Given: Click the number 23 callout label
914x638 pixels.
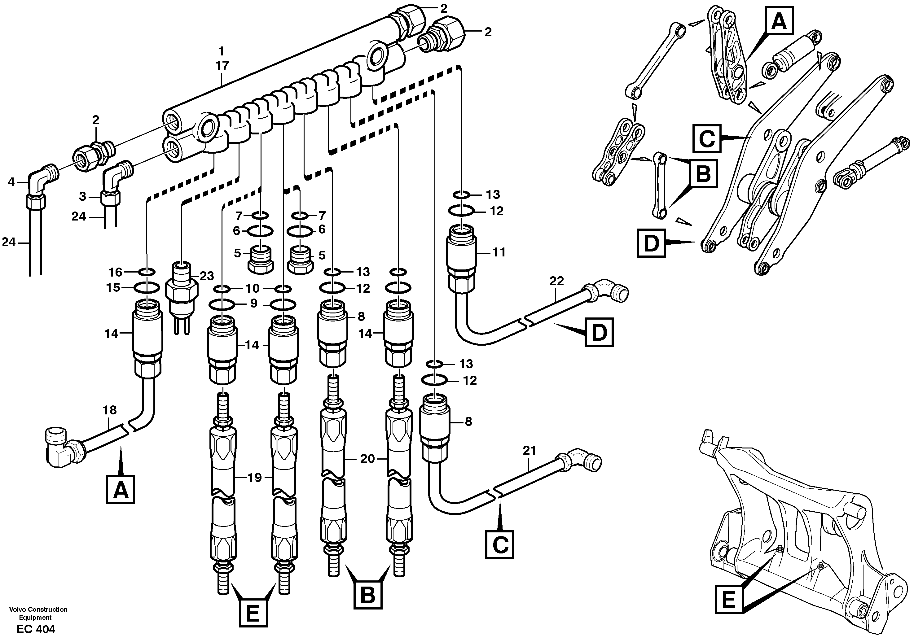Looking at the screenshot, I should click(207, 276).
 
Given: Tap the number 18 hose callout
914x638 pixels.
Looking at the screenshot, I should click(110, 410).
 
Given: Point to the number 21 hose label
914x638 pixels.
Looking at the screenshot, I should click(529, 451).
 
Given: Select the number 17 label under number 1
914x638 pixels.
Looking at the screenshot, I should click(222, 66).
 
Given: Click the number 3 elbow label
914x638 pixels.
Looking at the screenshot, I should click(83, 196).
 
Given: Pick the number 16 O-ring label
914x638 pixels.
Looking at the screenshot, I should click(116, 272).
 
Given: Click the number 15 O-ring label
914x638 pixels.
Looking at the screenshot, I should click(113, 287).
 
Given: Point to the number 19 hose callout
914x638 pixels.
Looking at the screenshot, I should click(254, 477).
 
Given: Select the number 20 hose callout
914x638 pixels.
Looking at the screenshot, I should click(367, 459).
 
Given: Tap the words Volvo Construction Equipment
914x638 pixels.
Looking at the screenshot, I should click(38, 613).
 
